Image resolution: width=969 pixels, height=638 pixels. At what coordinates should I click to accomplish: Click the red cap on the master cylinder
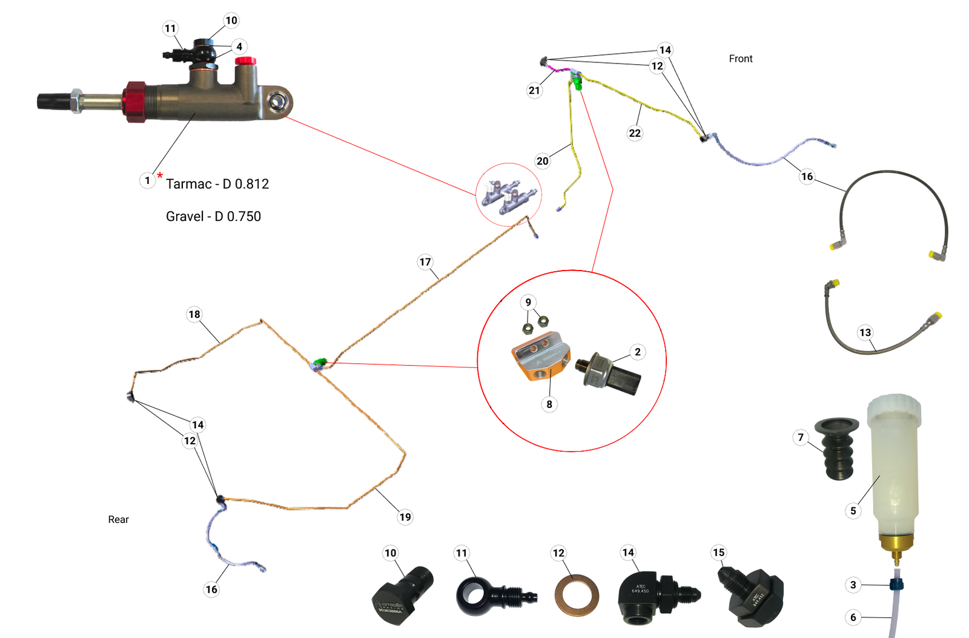tap(245, 61)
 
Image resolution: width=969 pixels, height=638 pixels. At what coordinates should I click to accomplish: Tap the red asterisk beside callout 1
tap(160, 176)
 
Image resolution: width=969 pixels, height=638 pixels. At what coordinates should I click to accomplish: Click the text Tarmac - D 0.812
tap(217, 184)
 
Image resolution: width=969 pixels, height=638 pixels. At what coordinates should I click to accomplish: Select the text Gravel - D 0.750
tap(213, 217)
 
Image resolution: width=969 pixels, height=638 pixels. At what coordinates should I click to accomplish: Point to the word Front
tap(740, 59)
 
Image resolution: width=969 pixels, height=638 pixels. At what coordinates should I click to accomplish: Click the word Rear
tap(118, 519)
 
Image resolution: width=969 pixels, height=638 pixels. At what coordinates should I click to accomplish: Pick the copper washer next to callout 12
tap(577, 596)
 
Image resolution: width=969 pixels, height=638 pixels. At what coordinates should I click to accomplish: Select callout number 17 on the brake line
tap(425, 262)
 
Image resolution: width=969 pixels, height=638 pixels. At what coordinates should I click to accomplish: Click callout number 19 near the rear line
tap(405, 517)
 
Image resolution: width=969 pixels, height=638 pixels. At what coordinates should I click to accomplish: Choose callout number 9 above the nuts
tap(528, 302)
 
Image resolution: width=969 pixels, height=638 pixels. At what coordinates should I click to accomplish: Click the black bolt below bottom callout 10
tap(403, 596)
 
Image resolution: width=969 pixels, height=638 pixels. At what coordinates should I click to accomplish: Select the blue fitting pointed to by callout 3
tap(896, 585)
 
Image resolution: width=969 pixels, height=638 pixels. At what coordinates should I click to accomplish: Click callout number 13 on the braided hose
tap(865, 332)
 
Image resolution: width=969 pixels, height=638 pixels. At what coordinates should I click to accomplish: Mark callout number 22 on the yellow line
tap(635, 133)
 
